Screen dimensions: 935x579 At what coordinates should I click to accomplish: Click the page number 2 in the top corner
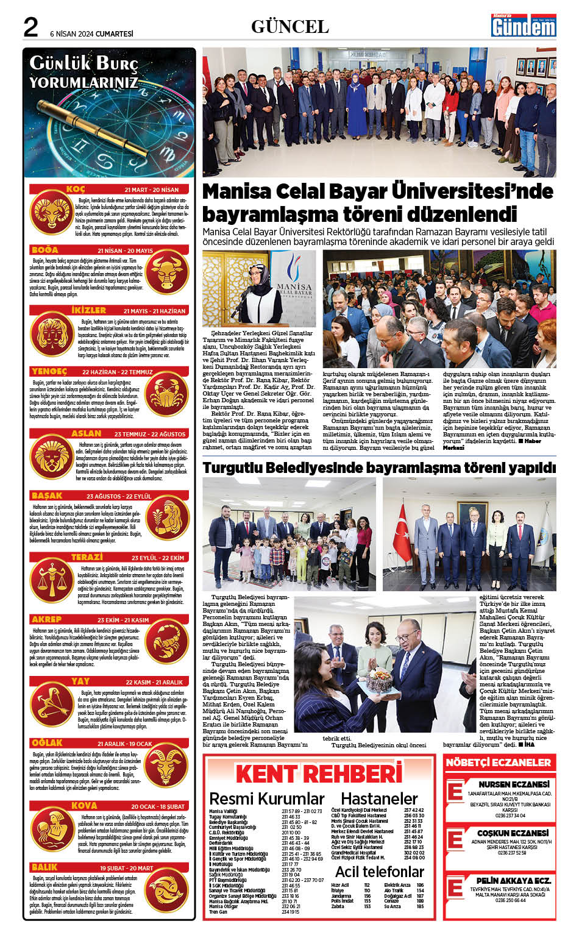point(30,27)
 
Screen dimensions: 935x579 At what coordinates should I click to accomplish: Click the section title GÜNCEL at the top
point(289,26)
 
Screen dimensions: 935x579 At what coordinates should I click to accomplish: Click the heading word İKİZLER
point(89,310)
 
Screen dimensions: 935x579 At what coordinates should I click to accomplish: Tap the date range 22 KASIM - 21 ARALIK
point(154,682)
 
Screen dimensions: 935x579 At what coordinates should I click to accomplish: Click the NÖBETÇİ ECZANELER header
point(498,762)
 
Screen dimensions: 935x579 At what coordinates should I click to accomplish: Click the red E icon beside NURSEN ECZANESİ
point(455,791)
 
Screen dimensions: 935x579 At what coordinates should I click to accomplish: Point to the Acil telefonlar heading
point(379,871)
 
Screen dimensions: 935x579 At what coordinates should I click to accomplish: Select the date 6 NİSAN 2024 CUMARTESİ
point(91,34)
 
